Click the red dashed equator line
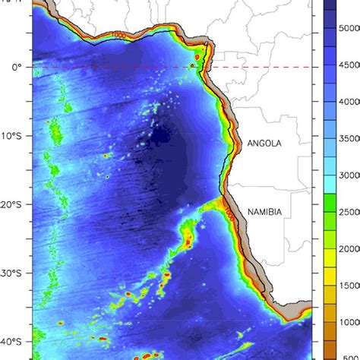tap(114, 67)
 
